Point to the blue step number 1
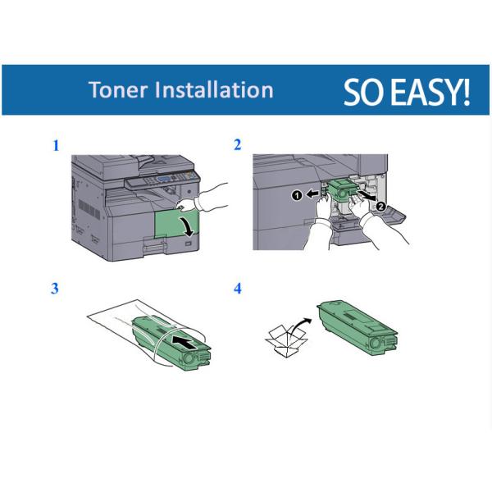pos(56,146)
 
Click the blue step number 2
pos(238,145)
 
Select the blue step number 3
pos(56,289)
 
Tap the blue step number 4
pos(238,289)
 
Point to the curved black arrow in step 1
pos(191,225)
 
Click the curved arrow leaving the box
pos(301,322)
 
